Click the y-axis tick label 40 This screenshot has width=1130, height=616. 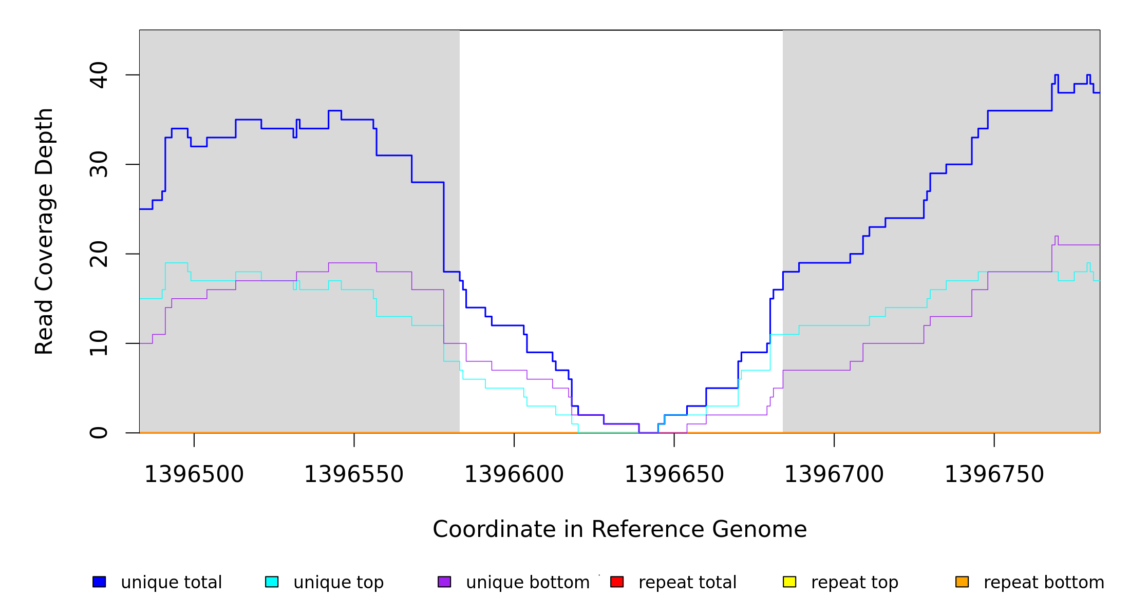[99, 75]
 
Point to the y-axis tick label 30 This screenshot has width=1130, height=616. [99, 164]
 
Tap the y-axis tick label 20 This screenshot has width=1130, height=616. [99, 254]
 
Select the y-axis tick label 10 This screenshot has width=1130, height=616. [99, 343]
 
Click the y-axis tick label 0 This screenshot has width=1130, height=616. [99, 432]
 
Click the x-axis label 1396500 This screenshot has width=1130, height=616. [194, 475]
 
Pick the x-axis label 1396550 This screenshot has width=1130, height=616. [354, 475]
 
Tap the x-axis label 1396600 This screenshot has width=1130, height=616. [514, 475]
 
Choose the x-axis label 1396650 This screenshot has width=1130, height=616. [674, 475]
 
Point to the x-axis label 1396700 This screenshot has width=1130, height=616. [834, 475]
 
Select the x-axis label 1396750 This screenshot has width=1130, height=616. [994, 475]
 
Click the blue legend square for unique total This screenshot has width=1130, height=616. [99, 582]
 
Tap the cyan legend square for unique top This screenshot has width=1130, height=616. [272, 582]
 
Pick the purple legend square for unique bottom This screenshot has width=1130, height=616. [444, 582]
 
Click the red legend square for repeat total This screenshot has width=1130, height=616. [617, 582]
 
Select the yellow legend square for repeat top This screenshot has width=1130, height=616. [789, 582]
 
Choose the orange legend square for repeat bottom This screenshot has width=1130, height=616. [962, 582]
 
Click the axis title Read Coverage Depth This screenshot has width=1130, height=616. [44, 231]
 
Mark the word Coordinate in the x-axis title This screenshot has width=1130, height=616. [495, 530]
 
